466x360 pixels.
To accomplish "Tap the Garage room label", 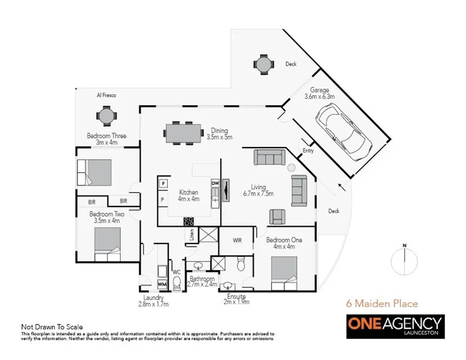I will [319, 91].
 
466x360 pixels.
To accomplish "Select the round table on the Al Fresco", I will [106, 115].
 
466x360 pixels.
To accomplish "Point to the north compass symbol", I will [405, 262].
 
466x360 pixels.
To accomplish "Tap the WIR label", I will [237, 240].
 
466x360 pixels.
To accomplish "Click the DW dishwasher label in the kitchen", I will [214, 182].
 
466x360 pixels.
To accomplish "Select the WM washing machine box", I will [162, 284].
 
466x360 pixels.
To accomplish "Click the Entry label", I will [308, 151].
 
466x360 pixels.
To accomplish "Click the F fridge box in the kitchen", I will [162, 183].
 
